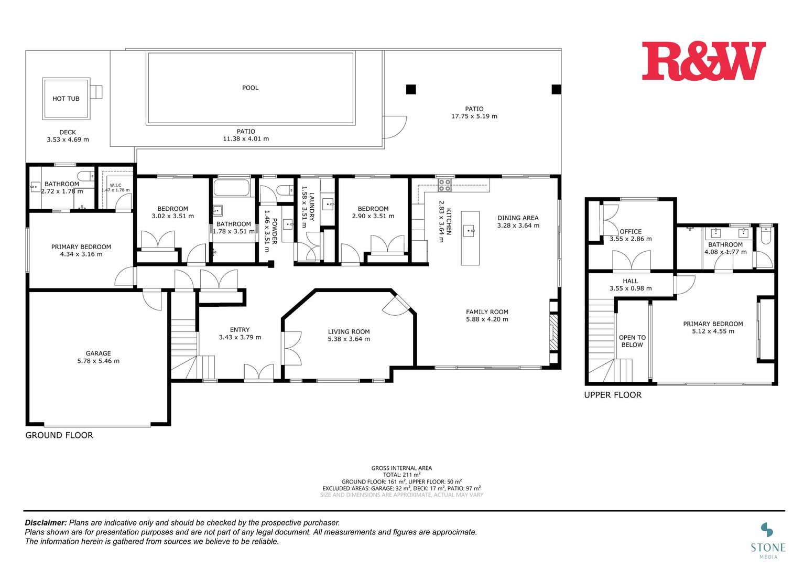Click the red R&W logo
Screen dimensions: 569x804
pyautogui.click(x=703, y=61)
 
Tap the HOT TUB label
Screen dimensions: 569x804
pyautogui.click(x=66, y=99)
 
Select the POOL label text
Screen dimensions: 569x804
pyautogui.click(x=250, y=88)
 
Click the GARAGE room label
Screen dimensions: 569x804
pyautogui.click(x=98, y=353)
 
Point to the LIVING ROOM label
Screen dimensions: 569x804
pyautogui.click(x=349, y=331)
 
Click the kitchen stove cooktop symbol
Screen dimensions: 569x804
pyautogui.click(x=444, y=185)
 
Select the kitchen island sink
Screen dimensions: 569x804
pyautogui.click(x=470, y=230)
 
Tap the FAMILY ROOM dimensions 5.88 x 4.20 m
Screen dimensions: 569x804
pyautogui.click(x=487, y=319)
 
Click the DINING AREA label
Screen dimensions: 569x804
pyautogui.click(x=518, y=218)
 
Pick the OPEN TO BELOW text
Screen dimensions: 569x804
pyautogui.click(x=632, y=341)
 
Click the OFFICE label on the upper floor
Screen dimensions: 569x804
pyautogui.click(x=631, y=231)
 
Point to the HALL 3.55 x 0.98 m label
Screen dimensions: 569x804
pyautogui.click(x=631, y=285)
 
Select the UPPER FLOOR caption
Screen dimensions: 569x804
pyautogui.click(x=613, y=395)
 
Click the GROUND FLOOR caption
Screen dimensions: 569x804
pyautogui.click(x=59, y=435)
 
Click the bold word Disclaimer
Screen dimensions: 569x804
pyautogui.click(x=46, y=522)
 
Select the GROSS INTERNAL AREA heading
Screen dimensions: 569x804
pyautogui.click(x=401, y=468)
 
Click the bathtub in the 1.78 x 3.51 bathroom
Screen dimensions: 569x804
pyautogui.click(x=232, y=187)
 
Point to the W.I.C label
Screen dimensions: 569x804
pyautogui.click(x=115, y=185)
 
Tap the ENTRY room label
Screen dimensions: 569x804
pyautogui.click(x=240, y=330)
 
